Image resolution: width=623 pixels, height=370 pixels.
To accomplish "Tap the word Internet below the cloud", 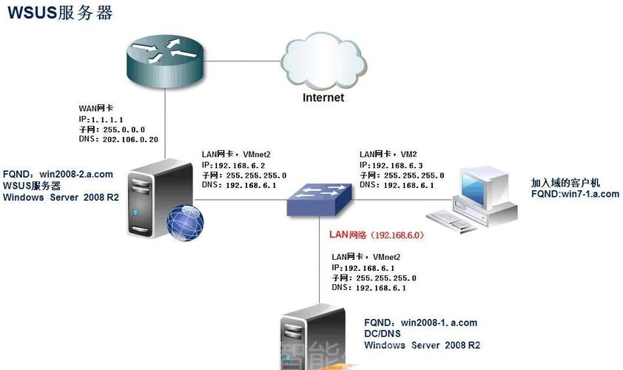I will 323,98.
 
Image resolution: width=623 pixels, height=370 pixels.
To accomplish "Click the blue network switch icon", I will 320,198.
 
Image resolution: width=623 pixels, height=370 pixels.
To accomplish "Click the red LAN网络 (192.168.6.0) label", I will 376,235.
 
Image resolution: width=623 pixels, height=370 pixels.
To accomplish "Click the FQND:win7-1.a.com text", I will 575,194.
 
